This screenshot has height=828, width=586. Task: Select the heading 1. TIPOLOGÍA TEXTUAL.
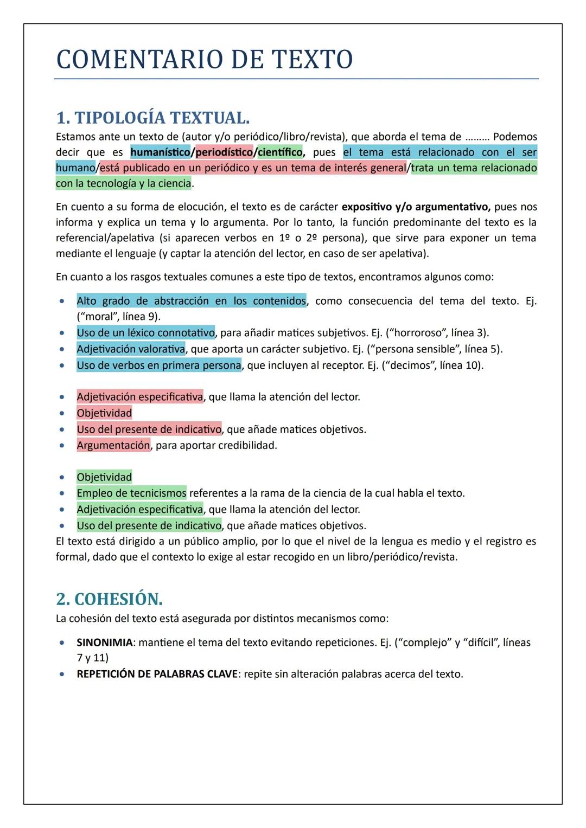pyautogui.click(x=152, y=118)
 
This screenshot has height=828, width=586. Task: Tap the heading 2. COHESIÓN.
pyautogui.click(x=109, y=599)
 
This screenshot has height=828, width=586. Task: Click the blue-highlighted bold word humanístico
pyautogui.click(x=160, y=152)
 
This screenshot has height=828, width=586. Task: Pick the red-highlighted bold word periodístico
pyautogui.click(x=224, y=152)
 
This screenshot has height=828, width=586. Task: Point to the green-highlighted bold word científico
pyautogui.click(x=280, y=152)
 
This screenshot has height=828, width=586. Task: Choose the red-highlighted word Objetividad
pyautogui.click(x=104, y=413)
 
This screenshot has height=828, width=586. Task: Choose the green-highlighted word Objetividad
pyautogui.click(x=104, y=477)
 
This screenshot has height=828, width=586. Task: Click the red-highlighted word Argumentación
pyautogui.click(x=113, y=445)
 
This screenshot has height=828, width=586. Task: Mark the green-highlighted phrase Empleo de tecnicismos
pyautogui.click(x=131, y=493)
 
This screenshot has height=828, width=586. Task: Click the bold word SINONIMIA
pyautogui.click(x=105, y=643)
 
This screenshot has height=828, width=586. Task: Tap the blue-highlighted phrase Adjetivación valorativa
pyautogui.click(x=131, y=349)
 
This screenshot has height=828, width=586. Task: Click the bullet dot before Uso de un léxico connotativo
pyautogui.click(x=64, y=333)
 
